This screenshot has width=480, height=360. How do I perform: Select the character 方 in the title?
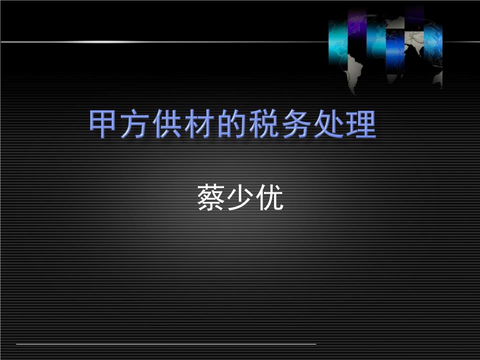(x=136, y=125)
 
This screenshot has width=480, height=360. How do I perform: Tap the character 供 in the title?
(x=168, y=125)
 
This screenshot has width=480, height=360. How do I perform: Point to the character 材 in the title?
(x=200, y=125)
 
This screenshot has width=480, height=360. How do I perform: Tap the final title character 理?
(x=360, y=125)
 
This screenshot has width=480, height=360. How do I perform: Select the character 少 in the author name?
(x=240, y=198)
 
